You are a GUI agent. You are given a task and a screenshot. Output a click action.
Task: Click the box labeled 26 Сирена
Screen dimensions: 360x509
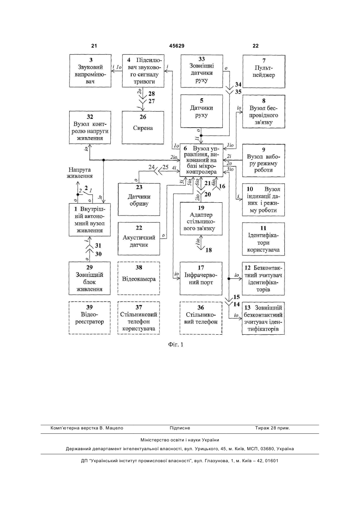(x=143, y=128)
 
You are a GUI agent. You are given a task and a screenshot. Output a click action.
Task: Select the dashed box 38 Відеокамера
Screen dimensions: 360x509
(x=139, y=278)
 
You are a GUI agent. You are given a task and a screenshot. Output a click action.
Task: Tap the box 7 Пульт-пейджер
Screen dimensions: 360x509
(x=264, y=71)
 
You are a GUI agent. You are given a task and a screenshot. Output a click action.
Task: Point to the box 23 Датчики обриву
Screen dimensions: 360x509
(x=139, y=199)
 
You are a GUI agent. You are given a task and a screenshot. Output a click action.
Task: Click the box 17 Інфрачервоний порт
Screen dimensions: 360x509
(x=201, y=278)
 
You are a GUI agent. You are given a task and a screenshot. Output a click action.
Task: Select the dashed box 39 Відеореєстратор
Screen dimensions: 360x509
(x=90, y=318)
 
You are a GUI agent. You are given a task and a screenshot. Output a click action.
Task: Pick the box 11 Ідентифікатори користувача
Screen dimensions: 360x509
(x=264, y=239)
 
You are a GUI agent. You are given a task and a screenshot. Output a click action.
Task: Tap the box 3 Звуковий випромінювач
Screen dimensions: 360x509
(x=90, y=71)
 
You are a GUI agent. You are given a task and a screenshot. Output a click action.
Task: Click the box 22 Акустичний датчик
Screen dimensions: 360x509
(x=139, y=239)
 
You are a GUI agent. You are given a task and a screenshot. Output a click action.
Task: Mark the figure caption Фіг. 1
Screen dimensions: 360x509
(x=176, y=345)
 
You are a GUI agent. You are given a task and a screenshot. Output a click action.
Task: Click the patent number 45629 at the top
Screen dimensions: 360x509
(x=177, y=46)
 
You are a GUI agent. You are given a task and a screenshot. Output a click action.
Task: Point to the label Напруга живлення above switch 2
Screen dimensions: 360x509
(x=80, y=173)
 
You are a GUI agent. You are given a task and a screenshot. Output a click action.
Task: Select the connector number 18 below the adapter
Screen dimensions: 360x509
(x=209, y=250)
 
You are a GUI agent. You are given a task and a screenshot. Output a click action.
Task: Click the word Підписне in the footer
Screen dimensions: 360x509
(x=180, y=428)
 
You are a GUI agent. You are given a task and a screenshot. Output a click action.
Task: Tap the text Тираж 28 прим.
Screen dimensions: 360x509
(x=272, y=428)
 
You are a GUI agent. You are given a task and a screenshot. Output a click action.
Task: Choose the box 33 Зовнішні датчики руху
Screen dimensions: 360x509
(x=202, y=71)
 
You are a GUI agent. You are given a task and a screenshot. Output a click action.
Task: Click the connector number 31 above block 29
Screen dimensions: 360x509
(x=98, y=246)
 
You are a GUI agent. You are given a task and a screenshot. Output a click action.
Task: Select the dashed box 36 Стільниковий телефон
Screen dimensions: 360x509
(x=201, y=318)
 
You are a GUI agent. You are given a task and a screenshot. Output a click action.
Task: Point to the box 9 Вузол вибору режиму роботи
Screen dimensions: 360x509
(x=264, y=160)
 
